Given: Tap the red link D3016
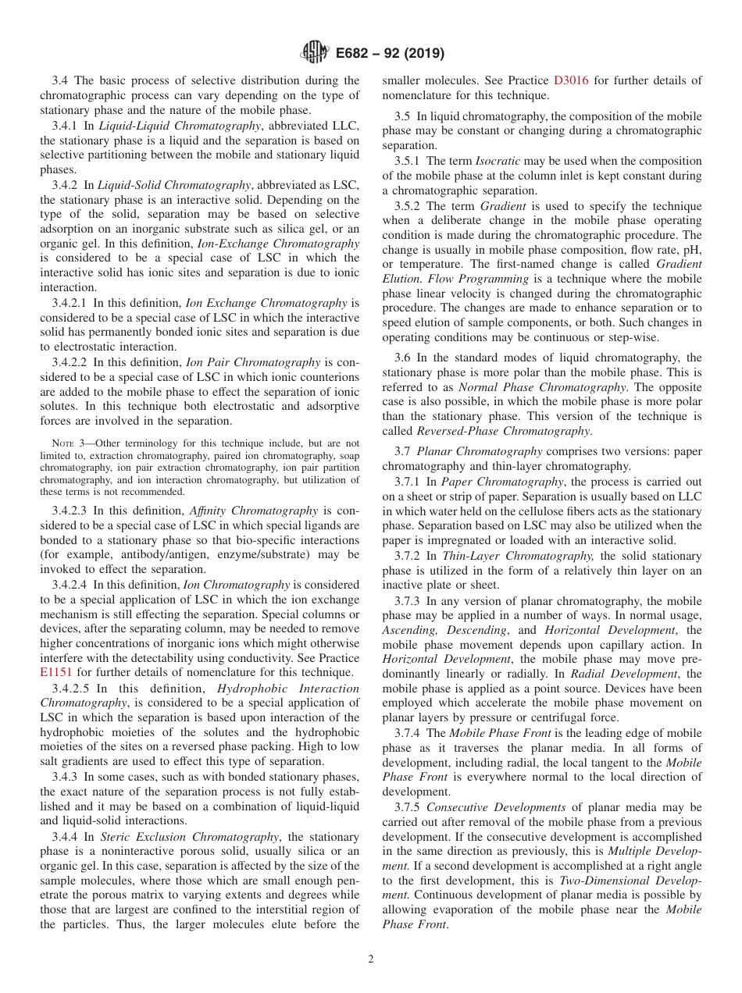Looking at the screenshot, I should point(573,80).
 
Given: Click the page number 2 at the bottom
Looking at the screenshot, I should point(371,959).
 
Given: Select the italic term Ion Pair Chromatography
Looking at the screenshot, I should point(252,362).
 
